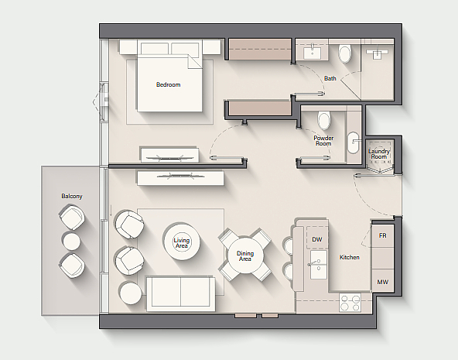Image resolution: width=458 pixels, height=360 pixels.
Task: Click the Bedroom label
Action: click(x=168, y=84)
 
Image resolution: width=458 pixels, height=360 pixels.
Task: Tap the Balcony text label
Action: click(x=72, y=196)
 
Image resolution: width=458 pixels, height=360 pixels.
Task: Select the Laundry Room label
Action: click(x=379, y=154)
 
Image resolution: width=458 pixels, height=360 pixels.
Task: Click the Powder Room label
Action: click(x=323, y=141)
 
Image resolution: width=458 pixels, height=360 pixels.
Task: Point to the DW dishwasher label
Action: click(x=317, y=239)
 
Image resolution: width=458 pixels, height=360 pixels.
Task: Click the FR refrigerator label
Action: click(x=383, y=235)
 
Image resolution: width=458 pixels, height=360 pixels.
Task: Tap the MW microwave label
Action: click(x=383, y=282)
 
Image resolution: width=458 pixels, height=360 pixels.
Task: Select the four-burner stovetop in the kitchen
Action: click(x=350, y=303)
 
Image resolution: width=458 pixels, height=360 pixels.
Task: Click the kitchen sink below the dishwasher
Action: click(x=319, y=265)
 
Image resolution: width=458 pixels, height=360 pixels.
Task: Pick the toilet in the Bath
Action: click(x=345, y=53)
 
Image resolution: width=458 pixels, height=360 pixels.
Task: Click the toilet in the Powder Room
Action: click(x=324, y=121)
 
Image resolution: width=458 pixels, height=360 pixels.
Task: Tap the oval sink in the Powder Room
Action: click(x=353, y=142)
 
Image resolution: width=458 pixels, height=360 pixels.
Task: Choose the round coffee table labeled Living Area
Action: click(x=182, y=242)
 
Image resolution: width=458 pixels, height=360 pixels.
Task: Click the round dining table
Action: click(x=245, y=255)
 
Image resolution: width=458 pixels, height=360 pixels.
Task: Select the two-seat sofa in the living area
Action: click(x=180, y=293)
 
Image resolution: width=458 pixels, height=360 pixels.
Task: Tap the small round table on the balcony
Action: click(x=71, y=241)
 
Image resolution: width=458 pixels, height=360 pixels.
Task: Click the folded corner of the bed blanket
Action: click(x=194, y=62)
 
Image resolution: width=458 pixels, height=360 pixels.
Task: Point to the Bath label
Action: click(x=330, y=78)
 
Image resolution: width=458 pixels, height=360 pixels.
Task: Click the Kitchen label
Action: click(x=350, y=258)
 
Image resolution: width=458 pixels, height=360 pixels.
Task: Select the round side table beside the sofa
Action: click(x=131, y=293)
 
